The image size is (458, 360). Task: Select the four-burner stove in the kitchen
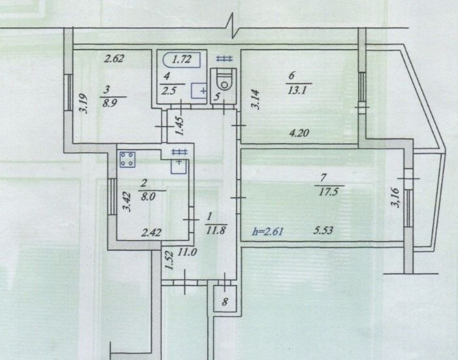127,159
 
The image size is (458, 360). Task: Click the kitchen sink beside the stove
178,167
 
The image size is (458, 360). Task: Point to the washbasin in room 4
199,90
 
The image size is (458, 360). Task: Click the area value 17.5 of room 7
329,192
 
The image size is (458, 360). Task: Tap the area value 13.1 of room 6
297,90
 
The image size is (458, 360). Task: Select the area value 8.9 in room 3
110,103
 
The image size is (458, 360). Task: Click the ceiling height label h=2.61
268,232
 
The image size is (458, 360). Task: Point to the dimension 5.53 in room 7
323,231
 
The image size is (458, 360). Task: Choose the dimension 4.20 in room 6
299,133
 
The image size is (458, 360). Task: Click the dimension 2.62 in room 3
114,58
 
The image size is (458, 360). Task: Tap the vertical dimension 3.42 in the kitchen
127,201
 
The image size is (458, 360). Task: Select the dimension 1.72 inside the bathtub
182,59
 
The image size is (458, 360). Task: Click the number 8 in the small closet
225,302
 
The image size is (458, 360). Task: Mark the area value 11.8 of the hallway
216,230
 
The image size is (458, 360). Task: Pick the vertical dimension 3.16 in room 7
395,197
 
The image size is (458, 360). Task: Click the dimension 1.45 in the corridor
179,126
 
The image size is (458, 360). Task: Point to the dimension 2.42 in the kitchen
151,233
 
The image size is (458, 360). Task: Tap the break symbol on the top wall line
233,25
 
